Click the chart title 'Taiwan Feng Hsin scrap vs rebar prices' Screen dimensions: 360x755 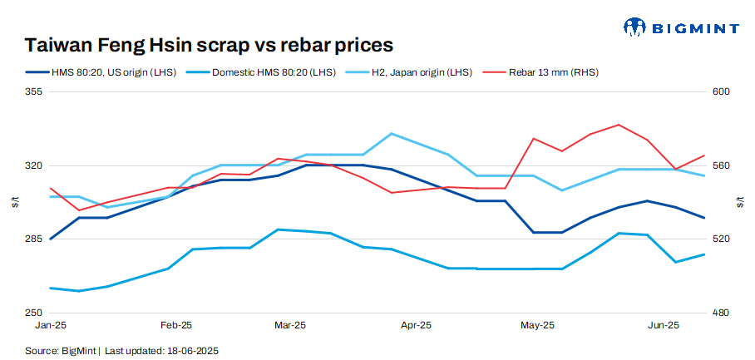pos(209,44)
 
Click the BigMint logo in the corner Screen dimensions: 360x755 pos(681,27)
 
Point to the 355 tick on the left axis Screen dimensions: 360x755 pos(34,92)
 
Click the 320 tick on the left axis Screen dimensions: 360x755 pos(34,165)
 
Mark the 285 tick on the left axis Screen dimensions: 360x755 pos(34,239)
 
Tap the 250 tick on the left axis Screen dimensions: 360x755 pos(34,313)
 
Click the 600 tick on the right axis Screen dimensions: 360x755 pos(720,92)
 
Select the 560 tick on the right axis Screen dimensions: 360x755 pos(720,165)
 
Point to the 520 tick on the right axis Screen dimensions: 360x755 pos(720,239)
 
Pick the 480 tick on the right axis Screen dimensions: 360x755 pos(720,313)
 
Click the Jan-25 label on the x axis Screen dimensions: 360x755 pos(52,325)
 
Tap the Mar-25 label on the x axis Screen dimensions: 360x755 pos(289,325)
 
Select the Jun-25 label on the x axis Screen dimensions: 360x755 pos(663,325)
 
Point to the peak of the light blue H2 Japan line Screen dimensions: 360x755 pos(392,133)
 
